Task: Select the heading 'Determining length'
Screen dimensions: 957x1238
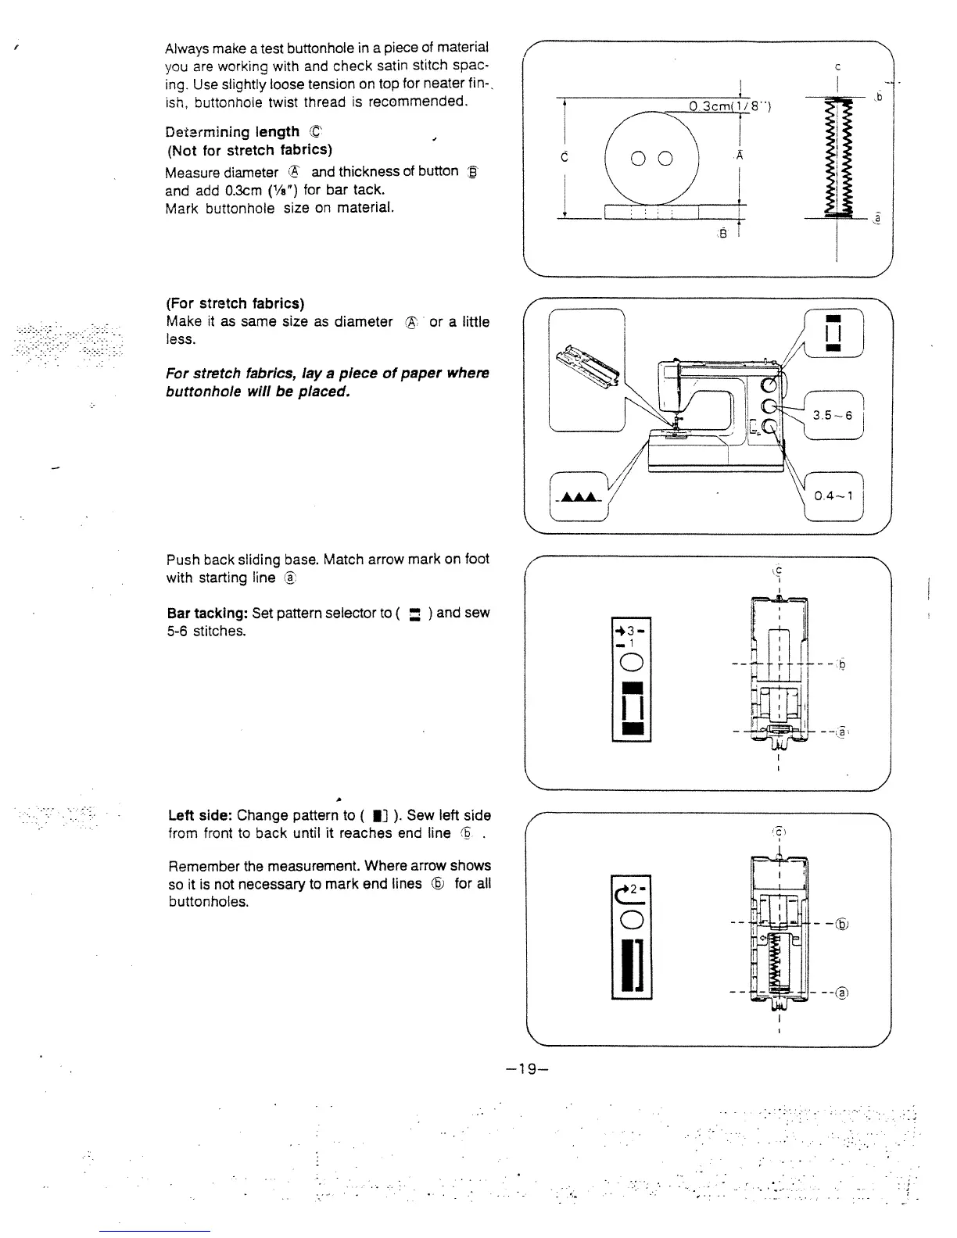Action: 232,132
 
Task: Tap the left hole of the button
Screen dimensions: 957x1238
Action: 638,159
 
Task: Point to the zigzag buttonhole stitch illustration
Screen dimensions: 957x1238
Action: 837,156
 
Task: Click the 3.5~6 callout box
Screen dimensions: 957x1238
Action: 833,415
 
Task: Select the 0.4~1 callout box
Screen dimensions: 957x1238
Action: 833,496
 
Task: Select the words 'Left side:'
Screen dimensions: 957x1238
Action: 201,815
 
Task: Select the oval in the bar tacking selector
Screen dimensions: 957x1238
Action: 631,663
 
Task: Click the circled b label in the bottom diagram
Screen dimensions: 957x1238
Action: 842,922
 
